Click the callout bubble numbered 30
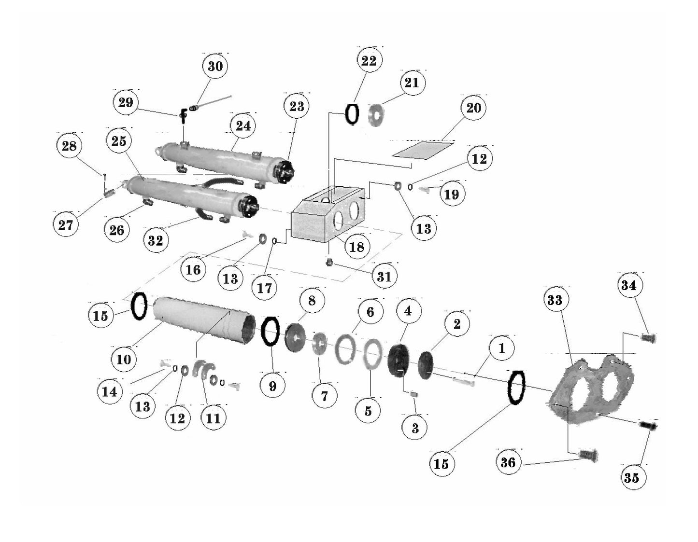coord(215,66)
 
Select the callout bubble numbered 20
coord(473,108)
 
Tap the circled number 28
coord(69,146)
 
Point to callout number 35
coord(631,477)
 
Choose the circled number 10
coord(124,359)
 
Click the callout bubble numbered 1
coord(501,348)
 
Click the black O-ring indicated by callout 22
coord(352,114)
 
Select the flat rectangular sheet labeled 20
coord(424,149)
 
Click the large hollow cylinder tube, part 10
coord(203,321)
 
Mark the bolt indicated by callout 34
coord(648,338)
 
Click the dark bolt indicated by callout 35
coord(649,426)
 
